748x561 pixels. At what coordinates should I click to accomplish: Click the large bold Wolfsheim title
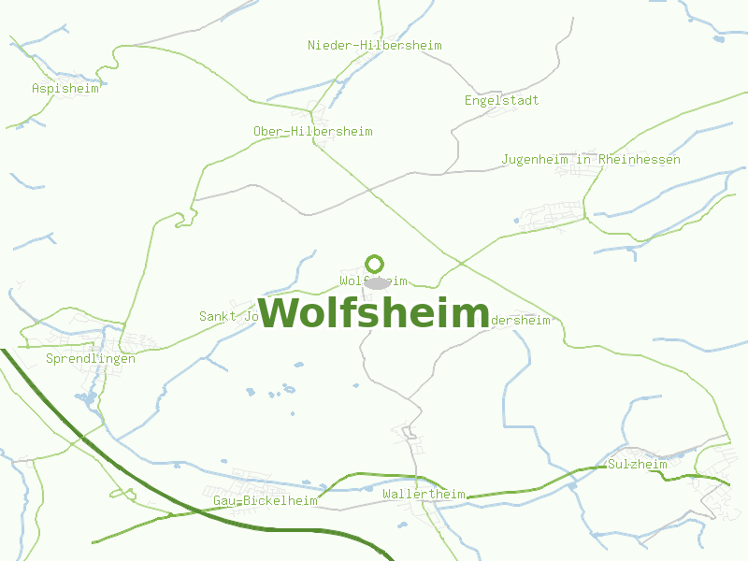point(374,313)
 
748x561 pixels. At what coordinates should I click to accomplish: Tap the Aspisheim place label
point(65,89)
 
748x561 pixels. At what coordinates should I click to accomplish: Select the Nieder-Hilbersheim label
point(374,46)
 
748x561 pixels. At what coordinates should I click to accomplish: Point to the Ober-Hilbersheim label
point(312,132)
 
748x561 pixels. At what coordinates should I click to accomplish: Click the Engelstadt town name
point(501,101)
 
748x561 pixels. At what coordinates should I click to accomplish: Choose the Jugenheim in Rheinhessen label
point(591,160)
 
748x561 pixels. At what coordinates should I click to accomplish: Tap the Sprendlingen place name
point(91,359)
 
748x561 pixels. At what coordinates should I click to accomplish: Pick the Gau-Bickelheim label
point(266,501)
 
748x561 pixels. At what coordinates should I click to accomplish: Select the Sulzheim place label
point(638,465)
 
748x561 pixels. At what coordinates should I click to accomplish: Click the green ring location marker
point(375,264)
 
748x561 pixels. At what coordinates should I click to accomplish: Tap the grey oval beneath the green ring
point(377,282)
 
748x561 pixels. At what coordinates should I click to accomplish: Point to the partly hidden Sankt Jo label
point(228,317)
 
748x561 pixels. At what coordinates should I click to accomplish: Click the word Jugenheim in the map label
point(535,160)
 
